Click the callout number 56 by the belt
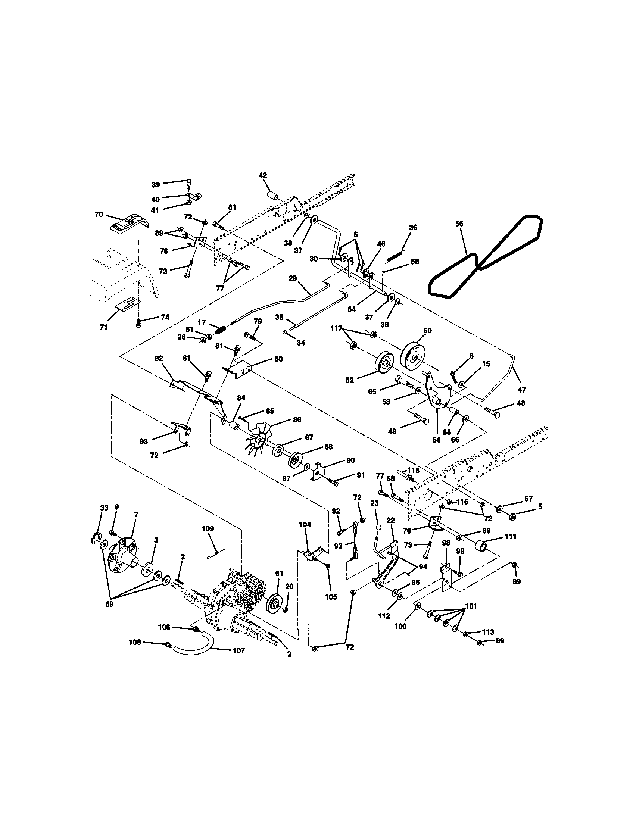[459, 224]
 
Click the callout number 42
[263, 175]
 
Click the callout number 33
[104, 508]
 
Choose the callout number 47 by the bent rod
[522, 390]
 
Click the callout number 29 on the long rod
[293, 278]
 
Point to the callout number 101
[471, 606]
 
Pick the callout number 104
[305, 525]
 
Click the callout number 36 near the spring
[413, 228]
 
